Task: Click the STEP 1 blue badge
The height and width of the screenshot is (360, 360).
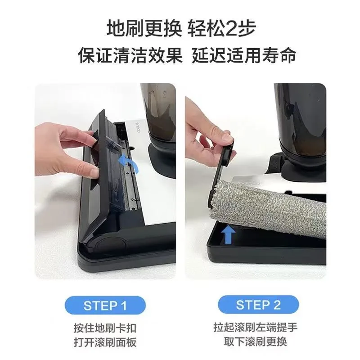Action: pos(105,306)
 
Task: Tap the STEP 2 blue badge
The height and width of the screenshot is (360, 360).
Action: pos(258,306)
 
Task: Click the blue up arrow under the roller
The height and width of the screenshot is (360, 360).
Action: pos(229,234)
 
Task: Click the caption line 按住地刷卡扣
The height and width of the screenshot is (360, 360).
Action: pos(104,327)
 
